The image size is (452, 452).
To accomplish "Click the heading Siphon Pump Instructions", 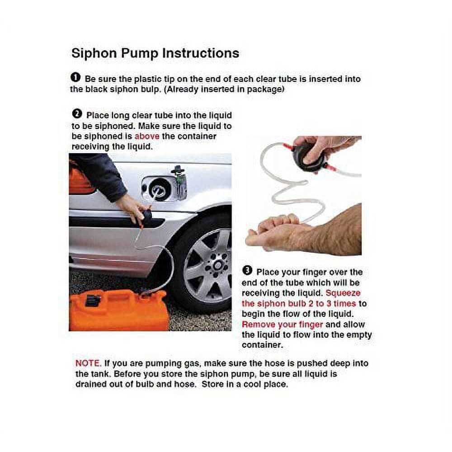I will pos(155,53).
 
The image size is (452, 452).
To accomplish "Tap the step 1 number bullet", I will pos(76,78).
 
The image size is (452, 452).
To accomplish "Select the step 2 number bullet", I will pos(77,115).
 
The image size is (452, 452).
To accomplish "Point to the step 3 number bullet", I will pos(247,271).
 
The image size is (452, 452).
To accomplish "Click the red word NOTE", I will pos(89,363).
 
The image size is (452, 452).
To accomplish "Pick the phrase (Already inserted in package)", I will pos(224,89).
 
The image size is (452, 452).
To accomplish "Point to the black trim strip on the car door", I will pos(113,221).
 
